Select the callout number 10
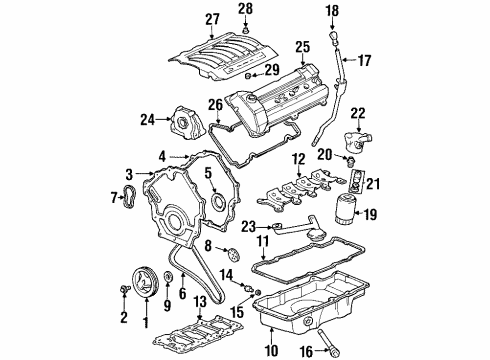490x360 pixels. pos(270,350)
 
